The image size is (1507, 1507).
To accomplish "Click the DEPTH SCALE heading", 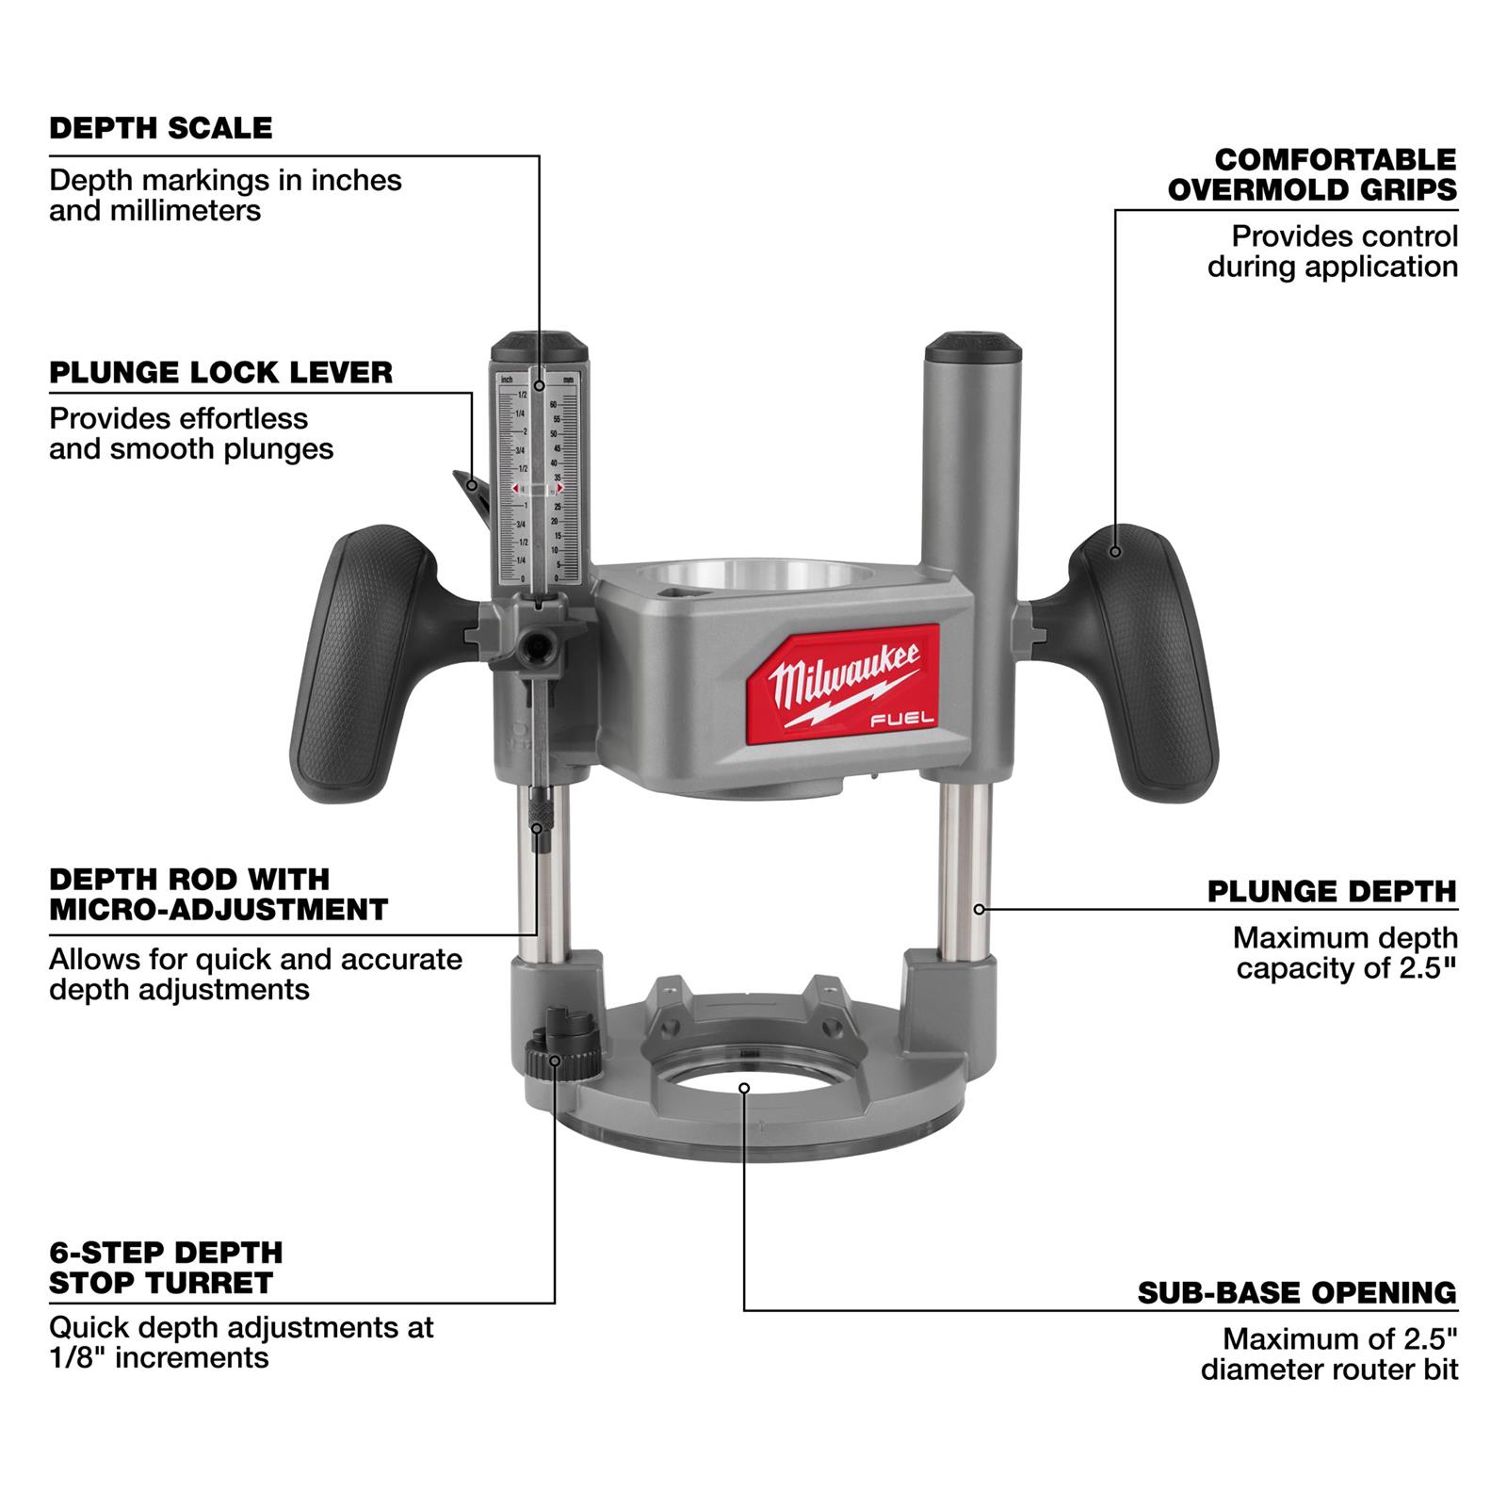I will tap(160, 128).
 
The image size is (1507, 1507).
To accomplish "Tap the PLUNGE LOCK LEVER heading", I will tap(220, 372).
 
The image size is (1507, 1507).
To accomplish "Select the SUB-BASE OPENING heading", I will tap(1296, 1292).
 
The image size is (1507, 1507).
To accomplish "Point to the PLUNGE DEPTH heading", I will tap(1332, 891).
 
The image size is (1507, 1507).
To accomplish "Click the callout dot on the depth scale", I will tap(540, 385).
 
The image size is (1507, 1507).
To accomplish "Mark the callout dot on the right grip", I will tap(1115, 551).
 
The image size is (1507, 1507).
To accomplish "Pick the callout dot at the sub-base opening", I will tap(744, 1088).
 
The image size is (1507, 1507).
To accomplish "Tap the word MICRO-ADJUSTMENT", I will tap(219, 910).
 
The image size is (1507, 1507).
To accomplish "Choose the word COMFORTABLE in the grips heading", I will tap(1335, 159).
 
